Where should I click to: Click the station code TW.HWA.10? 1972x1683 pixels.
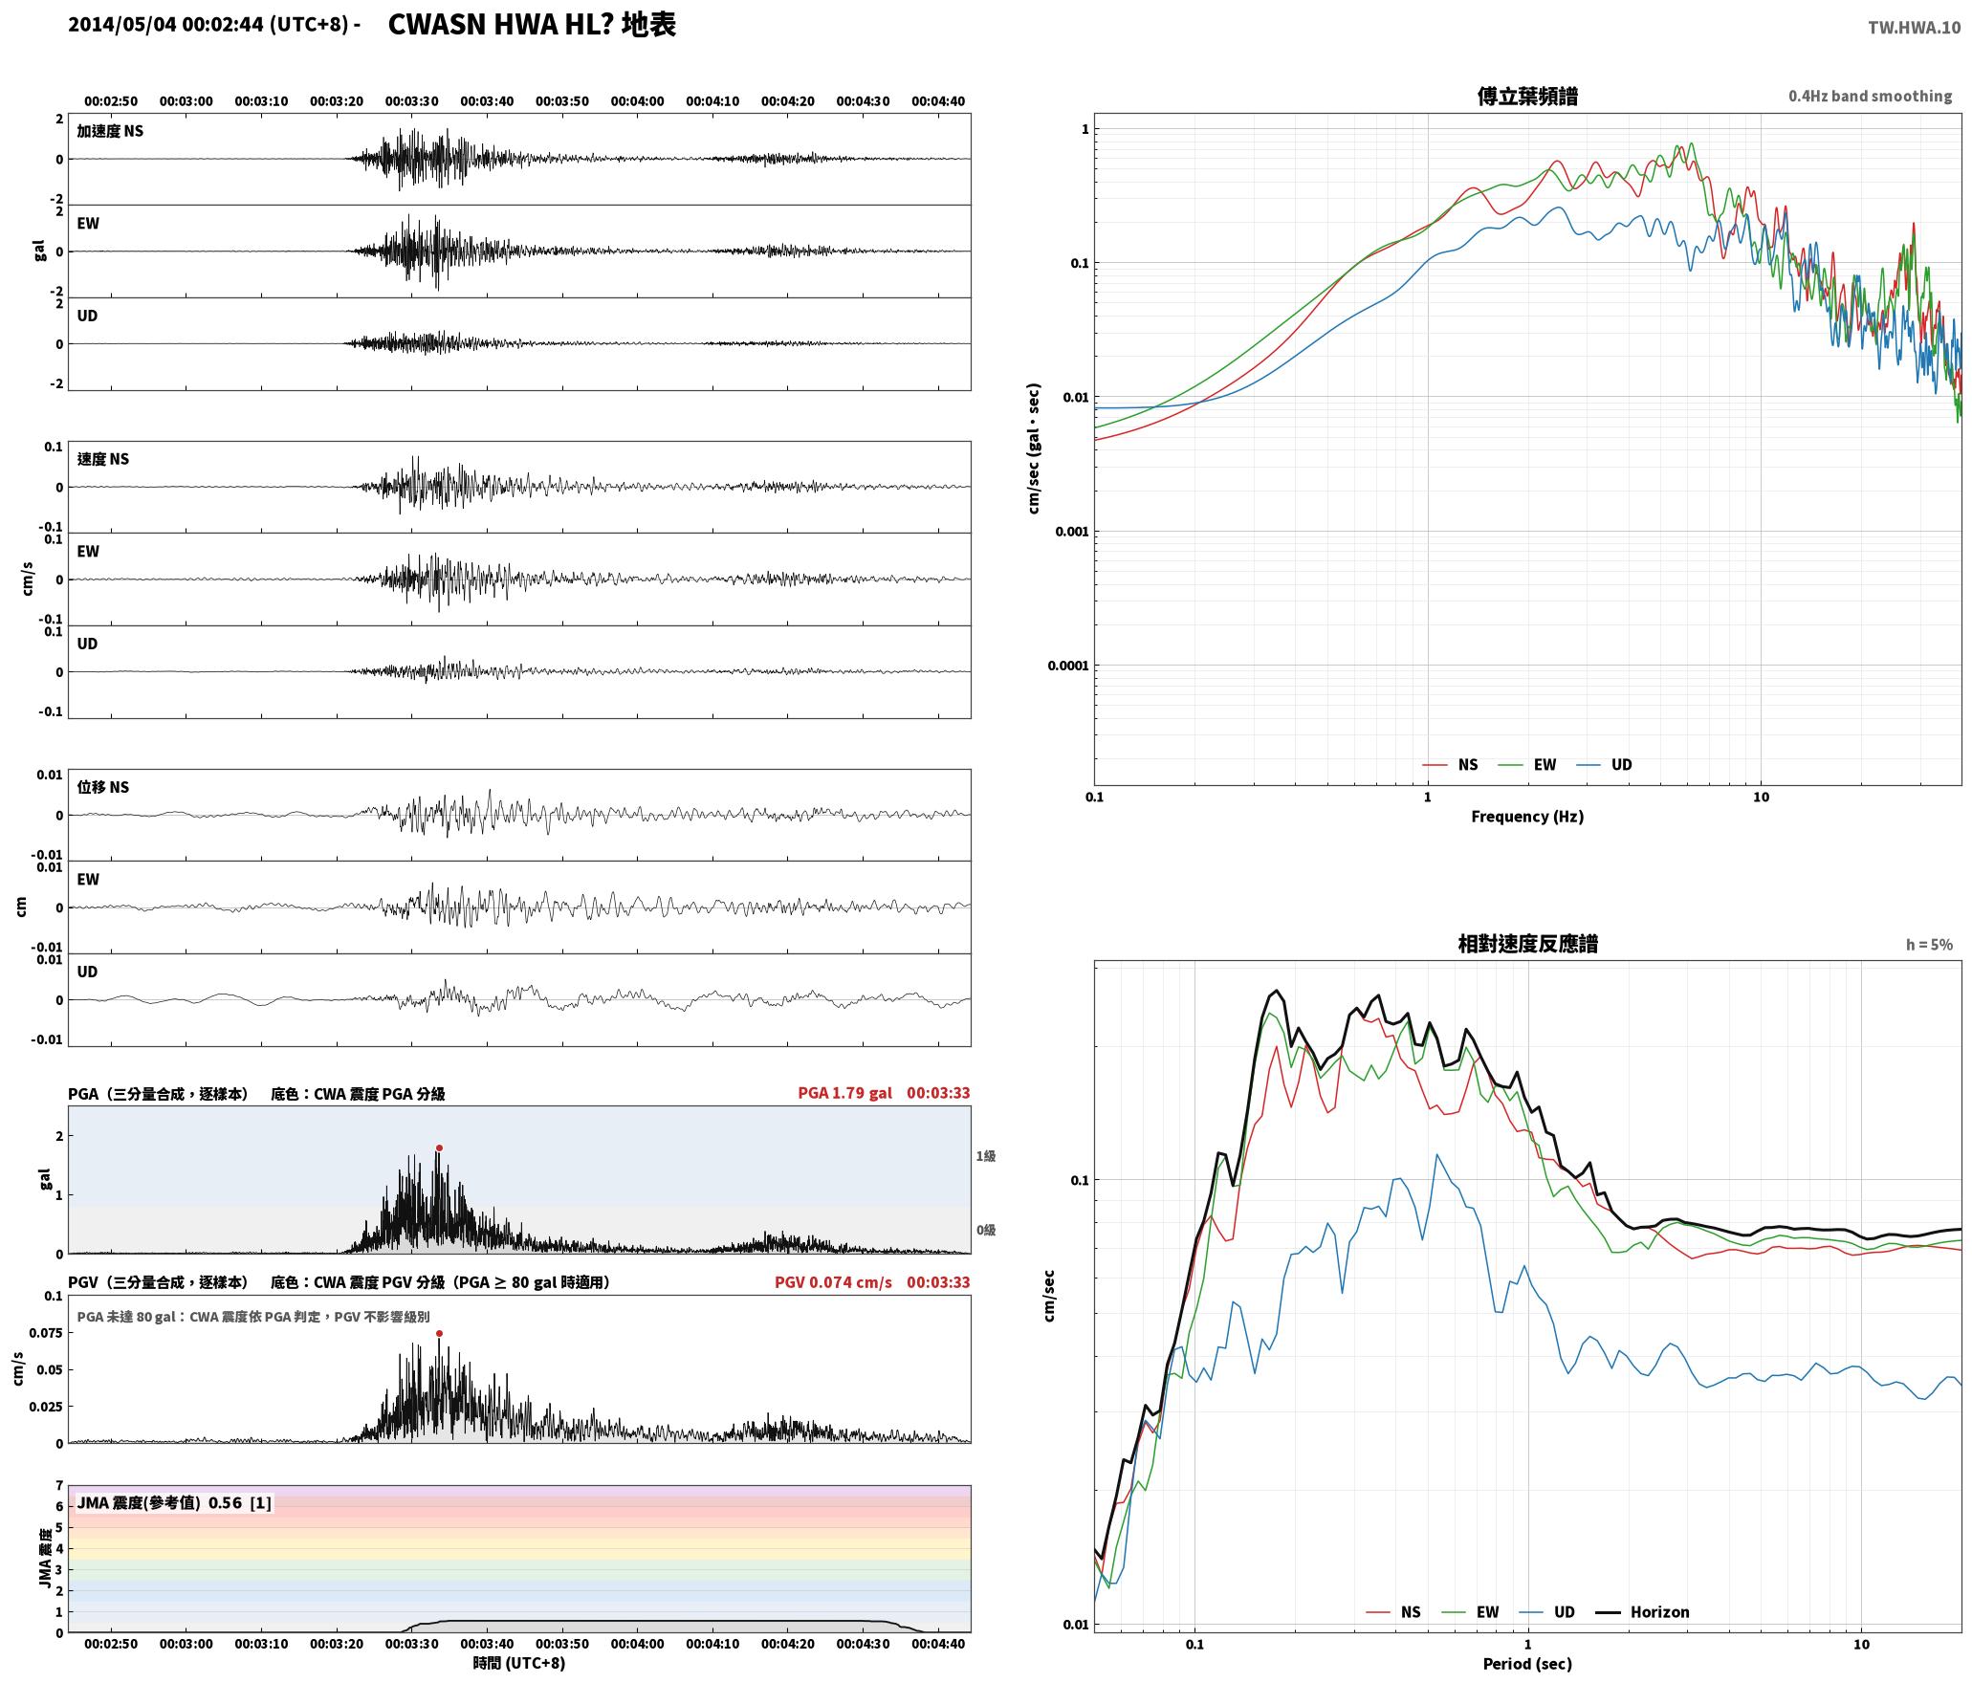1914,27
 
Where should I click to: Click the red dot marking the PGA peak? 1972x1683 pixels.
439,1147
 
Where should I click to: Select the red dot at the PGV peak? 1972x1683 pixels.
439,1333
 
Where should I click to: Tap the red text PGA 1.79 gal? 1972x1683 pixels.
844,1093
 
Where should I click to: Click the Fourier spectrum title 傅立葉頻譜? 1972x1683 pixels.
1527,97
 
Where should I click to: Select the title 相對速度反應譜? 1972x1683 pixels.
1527,944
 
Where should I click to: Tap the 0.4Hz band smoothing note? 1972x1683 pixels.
1870,97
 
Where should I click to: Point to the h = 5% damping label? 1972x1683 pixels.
1929,945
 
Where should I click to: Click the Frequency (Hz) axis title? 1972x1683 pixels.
1527,816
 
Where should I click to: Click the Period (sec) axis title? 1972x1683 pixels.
1527,1663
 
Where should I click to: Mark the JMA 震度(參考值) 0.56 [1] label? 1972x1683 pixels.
174,1502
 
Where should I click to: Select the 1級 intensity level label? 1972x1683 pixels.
986,1156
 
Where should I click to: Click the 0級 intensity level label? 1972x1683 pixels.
986,1230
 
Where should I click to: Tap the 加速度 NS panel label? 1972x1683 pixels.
110,131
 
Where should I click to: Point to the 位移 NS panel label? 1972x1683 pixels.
102,787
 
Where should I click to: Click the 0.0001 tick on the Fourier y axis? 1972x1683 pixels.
1067,666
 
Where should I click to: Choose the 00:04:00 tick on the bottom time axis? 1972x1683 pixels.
637,1643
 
